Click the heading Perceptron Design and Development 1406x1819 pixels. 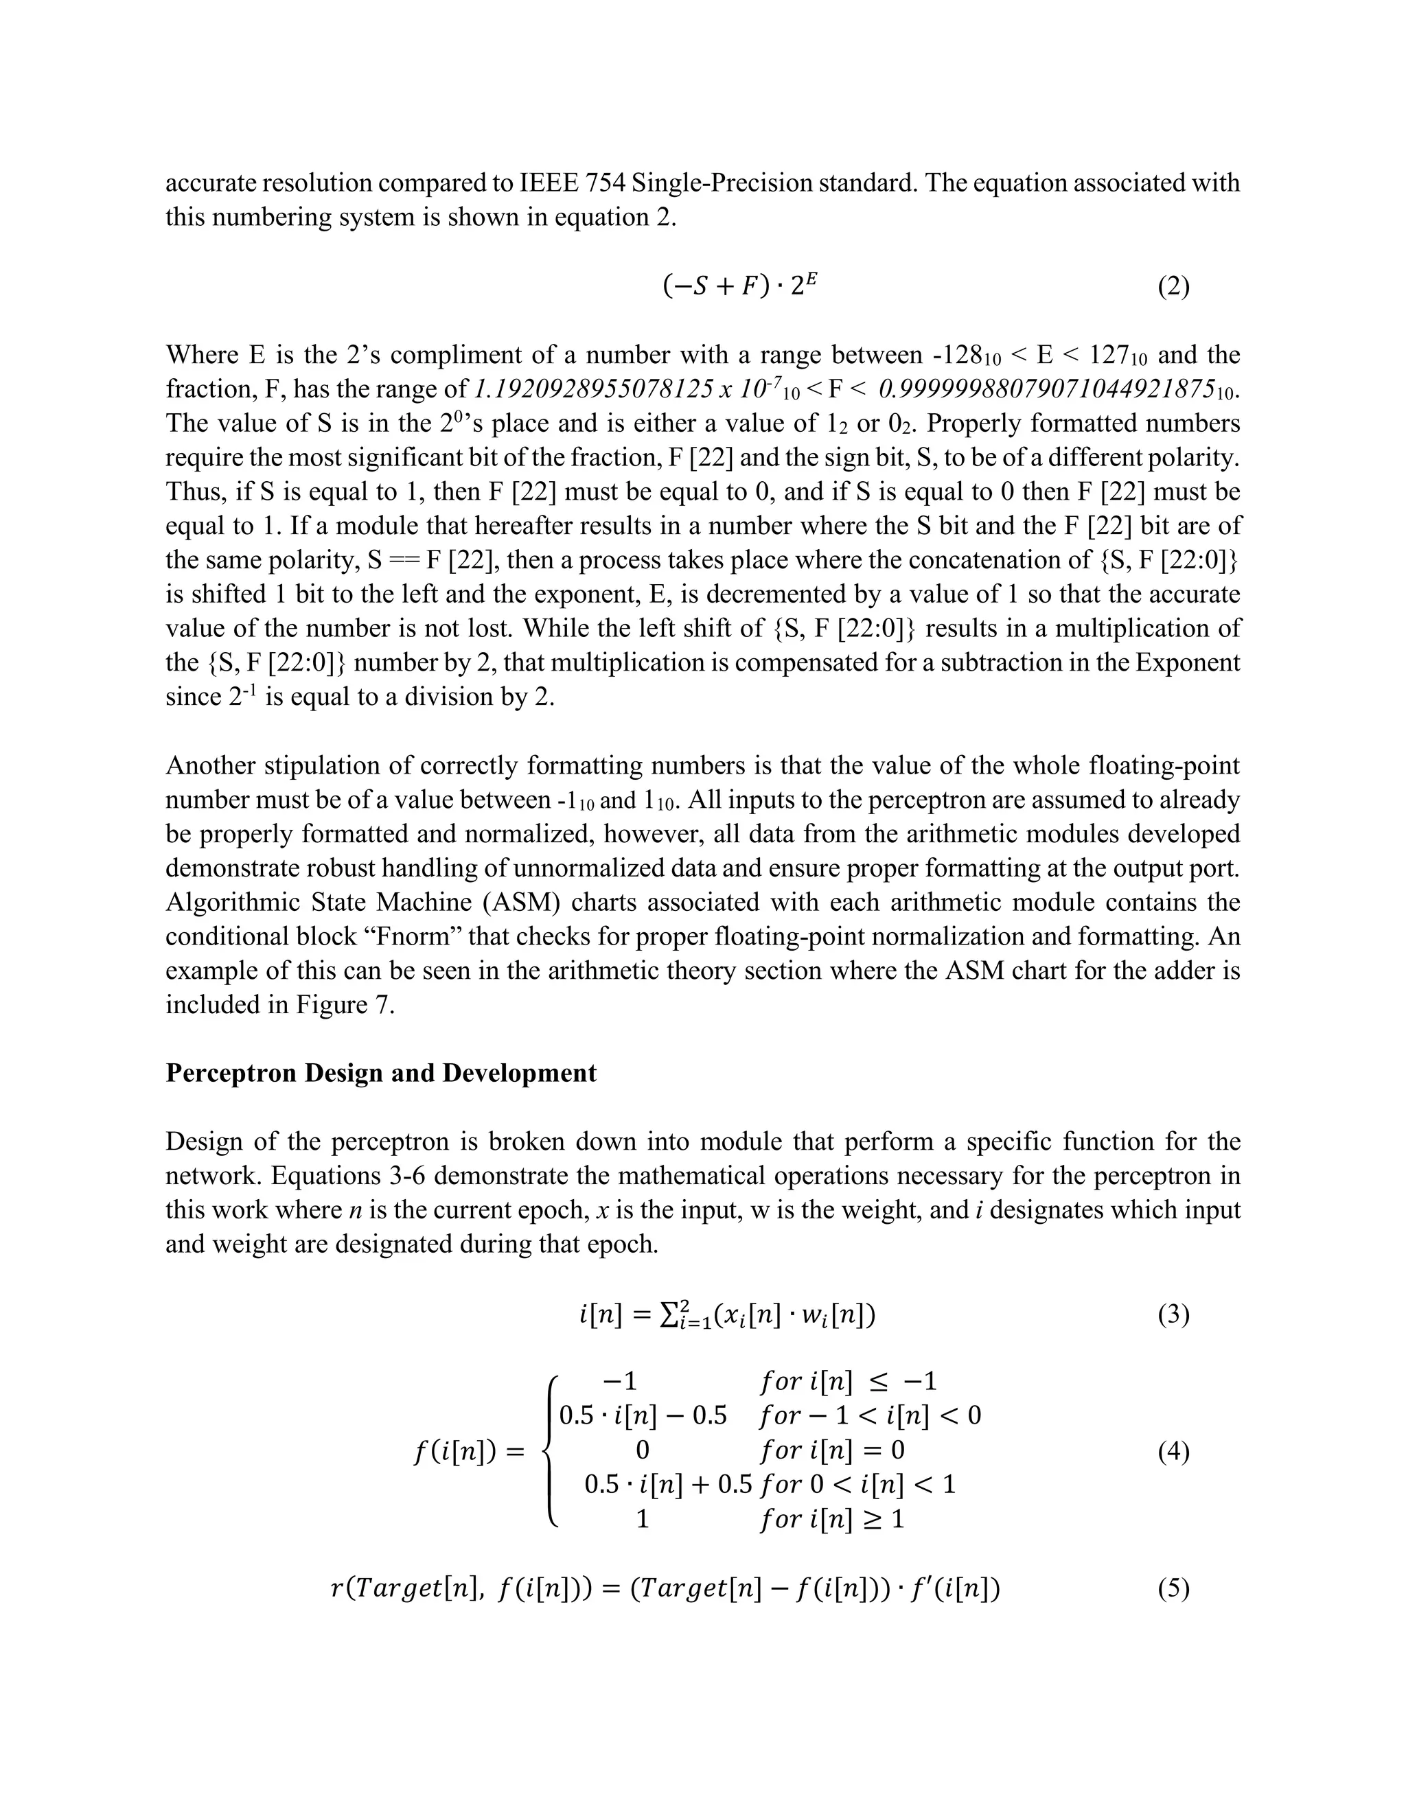tap(380, 1073)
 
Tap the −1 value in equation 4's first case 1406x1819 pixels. tap(621, 1382)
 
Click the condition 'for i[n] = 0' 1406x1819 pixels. tap(831, 1451)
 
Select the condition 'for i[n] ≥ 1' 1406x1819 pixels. tap(831, 1519)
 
